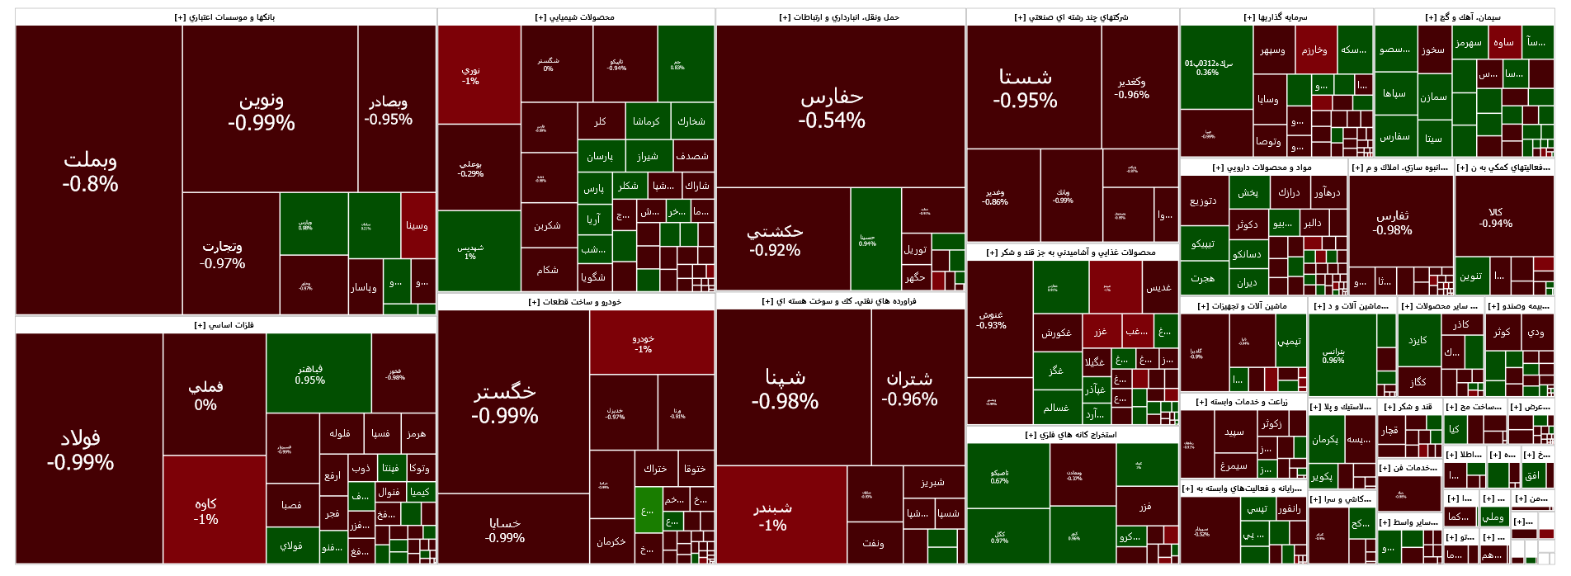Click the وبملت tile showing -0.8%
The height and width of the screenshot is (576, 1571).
tap(91, 172)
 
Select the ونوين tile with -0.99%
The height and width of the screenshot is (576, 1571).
tap(261, 111)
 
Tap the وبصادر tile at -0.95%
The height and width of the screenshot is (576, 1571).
tap(389, 110)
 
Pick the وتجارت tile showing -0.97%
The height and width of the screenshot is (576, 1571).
tap(223, 254)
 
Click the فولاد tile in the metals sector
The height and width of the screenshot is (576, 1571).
tap(80, 449)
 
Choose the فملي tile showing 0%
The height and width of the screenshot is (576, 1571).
tap(205, 394)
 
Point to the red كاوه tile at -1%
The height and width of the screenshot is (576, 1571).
tap(205, 510)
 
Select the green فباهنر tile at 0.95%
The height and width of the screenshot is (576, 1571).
tap(310, 374)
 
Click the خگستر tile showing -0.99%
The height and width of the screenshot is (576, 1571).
tap(505, 403)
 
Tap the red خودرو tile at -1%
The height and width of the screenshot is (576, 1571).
tap(644, 343)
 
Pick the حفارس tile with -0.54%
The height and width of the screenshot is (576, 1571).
tap(832, 107)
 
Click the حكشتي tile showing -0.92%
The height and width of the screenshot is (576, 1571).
tap(775, 239)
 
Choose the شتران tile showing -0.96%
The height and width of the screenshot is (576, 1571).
tap(909, 388)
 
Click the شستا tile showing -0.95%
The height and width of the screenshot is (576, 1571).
tap(1026, 87)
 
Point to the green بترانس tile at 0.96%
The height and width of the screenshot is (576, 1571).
tap(1333, 356)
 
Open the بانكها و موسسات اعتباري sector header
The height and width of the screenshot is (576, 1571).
tap(225, 17)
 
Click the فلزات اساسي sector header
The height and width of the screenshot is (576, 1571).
tap(224, 325)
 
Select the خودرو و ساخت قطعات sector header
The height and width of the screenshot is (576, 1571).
tap(575, 302)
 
